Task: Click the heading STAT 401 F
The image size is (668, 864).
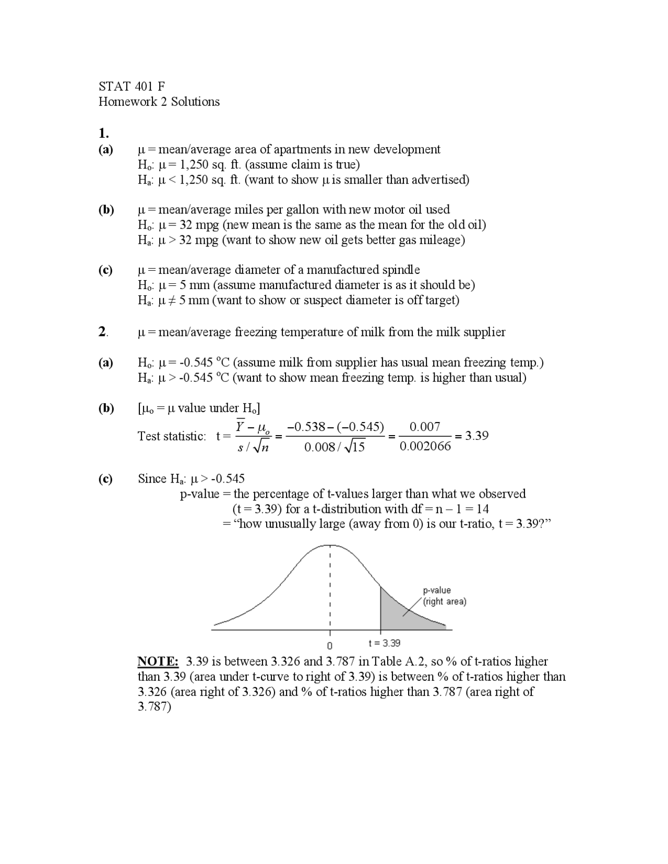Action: pyautogui.click(x=132, y=86)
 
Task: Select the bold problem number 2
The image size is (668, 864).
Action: pyautogui.click(x=103, y=332)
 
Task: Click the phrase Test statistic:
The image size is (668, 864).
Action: pyautogui.click(x=172, y=436)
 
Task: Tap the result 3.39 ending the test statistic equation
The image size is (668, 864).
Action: pyautogui.click(x=476, y=436)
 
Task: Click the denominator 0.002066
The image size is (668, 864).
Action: pyautogui.click(x=425, y=447)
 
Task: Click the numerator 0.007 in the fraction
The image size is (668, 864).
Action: pyautogui.click(x=424, y=427)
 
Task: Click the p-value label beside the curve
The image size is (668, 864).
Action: pyautogui.click(x=437, y=590)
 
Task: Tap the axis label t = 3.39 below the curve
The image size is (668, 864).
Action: pyautogui.click(x=385, y=643)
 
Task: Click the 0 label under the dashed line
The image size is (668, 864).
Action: pyautogui.click(x=329, y=645)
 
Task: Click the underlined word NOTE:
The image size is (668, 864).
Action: pyautogui.click(x=158, y=662)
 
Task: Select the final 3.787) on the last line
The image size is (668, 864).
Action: pyautogui.click(x=154, y=707)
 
